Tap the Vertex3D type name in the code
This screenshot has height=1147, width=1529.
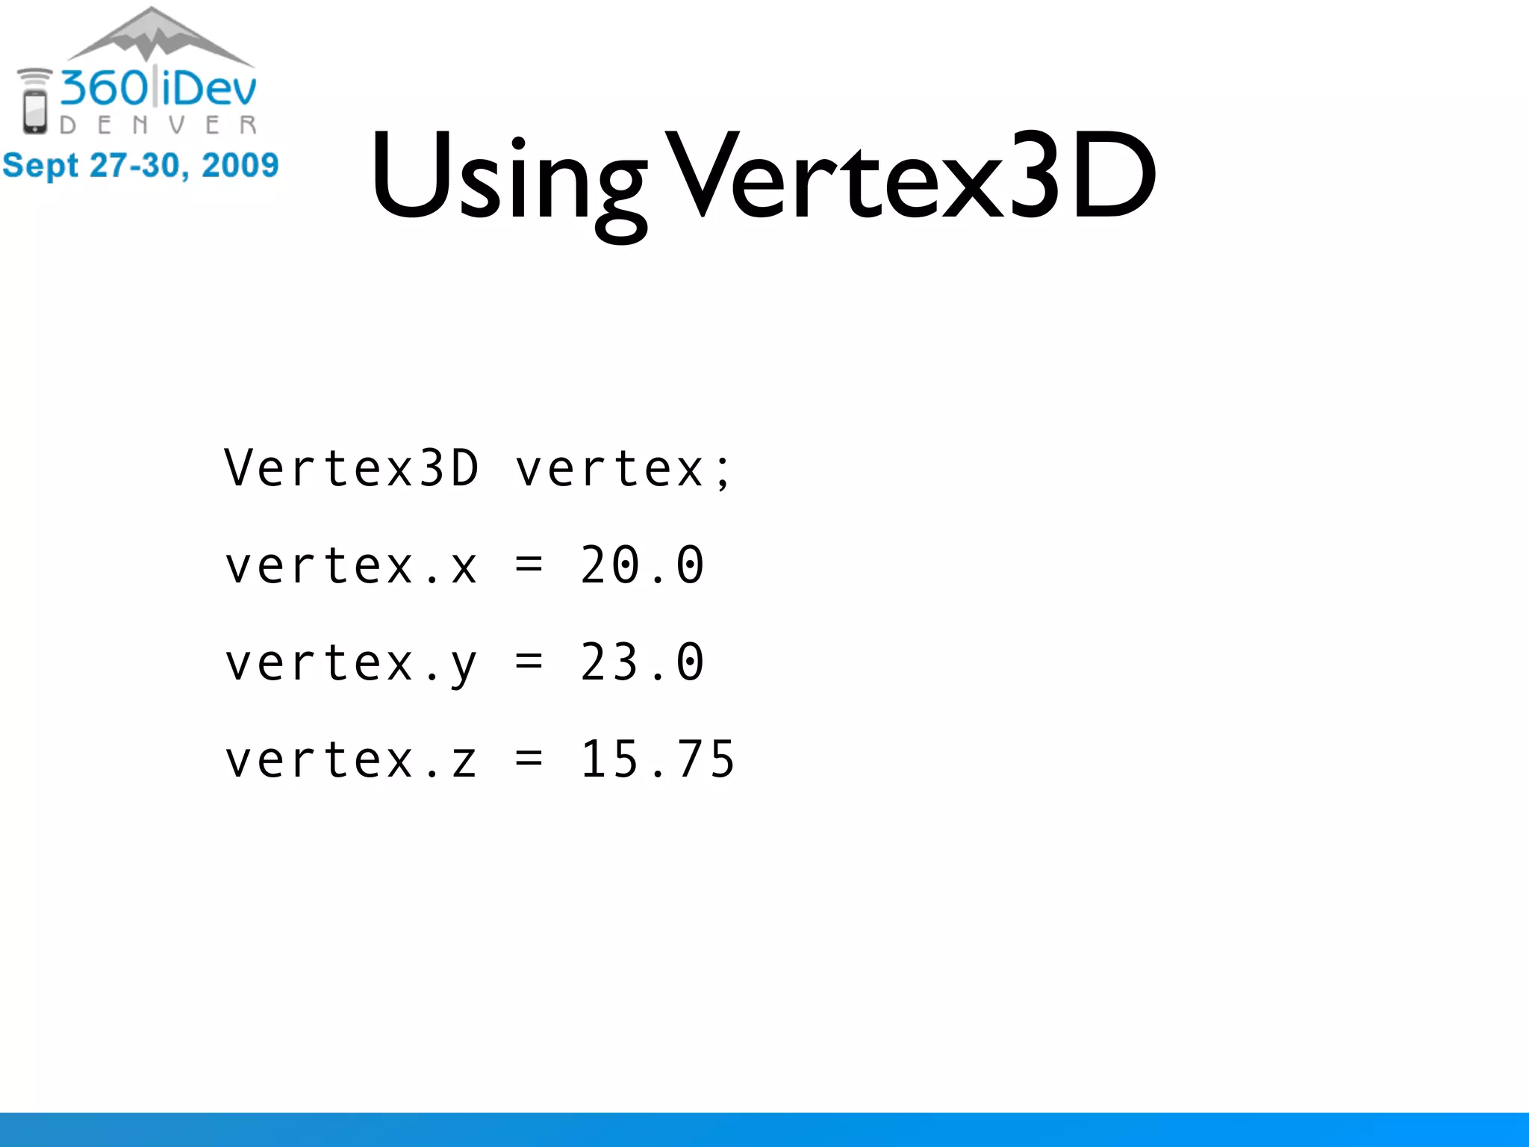click(351, 469)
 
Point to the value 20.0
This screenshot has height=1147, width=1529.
click(642, 565)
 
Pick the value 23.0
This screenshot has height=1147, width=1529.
click(642, 662)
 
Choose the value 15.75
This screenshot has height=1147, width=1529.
click(658, 759)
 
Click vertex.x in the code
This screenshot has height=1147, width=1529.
click(351, 566)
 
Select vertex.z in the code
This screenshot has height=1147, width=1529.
click(351, 760)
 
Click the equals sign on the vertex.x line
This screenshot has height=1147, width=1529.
click(529, 565)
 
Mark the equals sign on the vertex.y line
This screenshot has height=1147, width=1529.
click(529, 662)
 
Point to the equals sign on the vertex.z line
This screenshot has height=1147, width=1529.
click(529, 759)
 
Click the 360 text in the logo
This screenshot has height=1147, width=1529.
click(105, 88)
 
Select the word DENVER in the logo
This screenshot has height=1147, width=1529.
click(158, 125)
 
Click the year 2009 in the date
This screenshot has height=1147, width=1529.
click(240, 165)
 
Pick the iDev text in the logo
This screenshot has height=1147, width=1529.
click(209, 88)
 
